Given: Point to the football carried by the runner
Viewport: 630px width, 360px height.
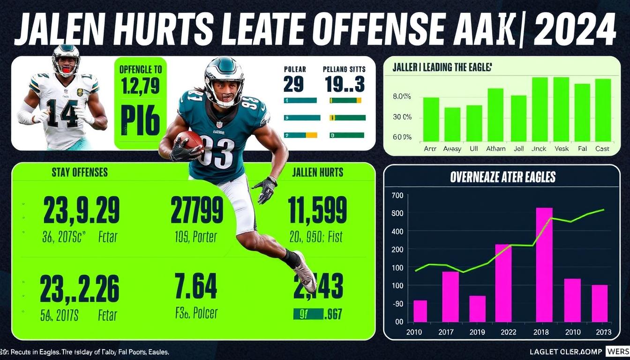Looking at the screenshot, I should (x=189, y=139).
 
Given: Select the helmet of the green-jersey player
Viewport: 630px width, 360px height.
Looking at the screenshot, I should (x=224, y=80).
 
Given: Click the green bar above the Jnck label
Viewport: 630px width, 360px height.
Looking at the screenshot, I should (x=540, y=109).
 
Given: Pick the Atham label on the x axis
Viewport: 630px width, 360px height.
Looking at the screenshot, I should (x=495, y=149).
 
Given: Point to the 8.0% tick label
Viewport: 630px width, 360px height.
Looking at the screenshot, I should (x=402, y=97).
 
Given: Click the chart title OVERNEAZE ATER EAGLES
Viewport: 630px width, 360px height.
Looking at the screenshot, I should (x=502, y=177).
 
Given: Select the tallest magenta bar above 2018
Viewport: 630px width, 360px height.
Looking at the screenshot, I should (x=544, y=264).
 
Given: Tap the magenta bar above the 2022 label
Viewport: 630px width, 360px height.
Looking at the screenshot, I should (x=503, y=283).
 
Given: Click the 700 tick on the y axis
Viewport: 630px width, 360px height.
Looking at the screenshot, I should (x=397, y=195).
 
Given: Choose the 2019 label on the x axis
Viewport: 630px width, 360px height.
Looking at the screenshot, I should (x=477, y=332).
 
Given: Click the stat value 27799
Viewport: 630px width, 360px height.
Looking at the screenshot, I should (x=196, y=210).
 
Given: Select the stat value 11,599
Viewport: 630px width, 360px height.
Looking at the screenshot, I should (x=317, y=210).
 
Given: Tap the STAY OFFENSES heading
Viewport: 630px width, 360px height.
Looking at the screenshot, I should (x=79, y=172).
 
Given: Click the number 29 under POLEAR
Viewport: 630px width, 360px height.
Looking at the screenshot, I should (x=293, y=85).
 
